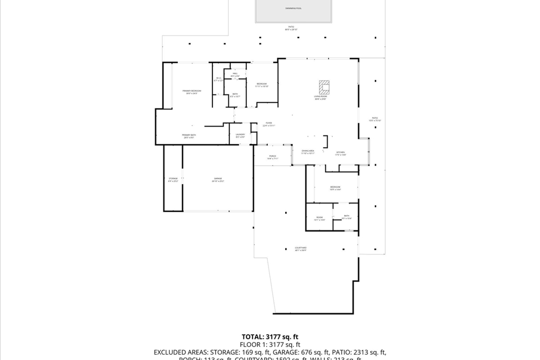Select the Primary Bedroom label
coord(192,92)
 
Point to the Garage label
coord(218,179)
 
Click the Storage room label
coord(173,180)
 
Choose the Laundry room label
coord(240,135)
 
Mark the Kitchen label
coord(340,153)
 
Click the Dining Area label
coord(308,152)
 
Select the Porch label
coord(273,157)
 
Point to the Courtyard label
coord(301,248)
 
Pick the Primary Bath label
coord(189,136)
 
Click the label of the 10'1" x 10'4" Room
coord(320,218)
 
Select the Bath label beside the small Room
coord(346,217)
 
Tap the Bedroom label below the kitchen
coord(335,188)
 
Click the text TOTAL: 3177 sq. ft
coord(270,336)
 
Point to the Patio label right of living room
coord(374,119)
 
